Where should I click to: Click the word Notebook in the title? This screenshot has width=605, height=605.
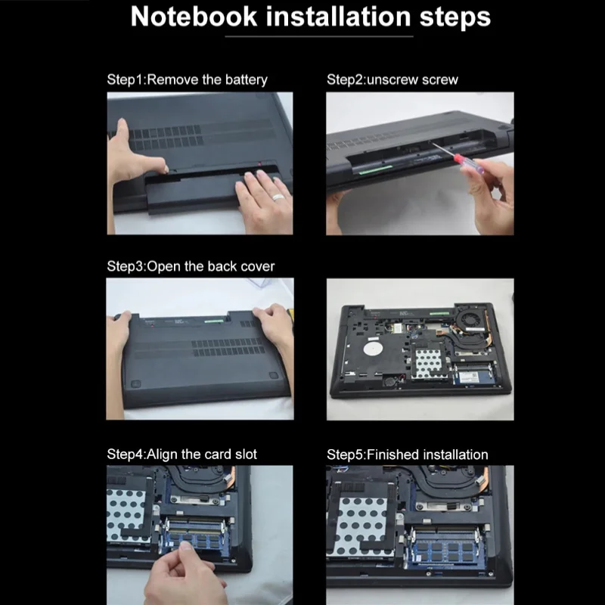pos(194,17)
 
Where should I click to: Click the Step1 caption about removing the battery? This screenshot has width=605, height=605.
pos(187,79)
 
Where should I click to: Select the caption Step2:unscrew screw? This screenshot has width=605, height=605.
pos(392,79)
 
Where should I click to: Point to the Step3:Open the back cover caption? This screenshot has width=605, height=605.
pos(191,266)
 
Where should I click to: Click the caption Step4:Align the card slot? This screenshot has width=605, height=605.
pos(181,455)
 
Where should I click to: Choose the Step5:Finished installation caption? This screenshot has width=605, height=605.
pos(408,455)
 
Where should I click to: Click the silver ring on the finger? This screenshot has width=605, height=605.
pos(278,197)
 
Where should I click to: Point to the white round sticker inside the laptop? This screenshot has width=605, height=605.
pos(373,349)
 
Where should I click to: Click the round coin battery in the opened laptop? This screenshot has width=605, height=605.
pos(389,381)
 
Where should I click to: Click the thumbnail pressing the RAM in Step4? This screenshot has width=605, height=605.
pos(187,546)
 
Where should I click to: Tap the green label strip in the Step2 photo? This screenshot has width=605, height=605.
pos(375,169)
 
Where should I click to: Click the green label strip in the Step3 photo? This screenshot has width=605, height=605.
pos(214,321)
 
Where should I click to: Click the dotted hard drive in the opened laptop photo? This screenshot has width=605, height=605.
pos(428,362)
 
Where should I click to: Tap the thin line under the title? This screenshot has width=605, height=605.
pos(319,36)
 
